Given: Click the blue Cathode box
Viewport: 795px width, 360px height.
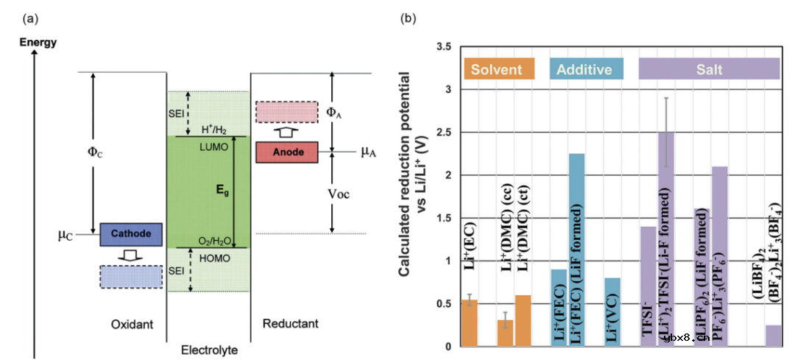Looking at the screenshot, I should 130,234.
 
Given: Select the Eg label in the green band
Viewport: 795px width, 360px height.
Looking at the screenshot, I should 217,189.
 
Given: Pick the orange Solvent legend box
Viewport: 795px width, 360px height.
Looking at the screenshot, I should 497,70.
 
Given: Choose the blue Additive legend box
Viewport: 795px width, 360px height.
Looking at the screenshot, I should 586,70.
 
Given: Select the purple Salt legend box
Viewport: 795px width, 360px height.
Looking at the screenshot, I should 709,70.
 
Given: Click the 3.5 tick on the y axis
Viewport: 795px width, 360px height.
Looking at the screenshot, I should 443,46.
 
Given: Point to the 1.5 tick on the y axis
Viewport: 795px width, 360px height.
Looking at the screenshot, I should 443,218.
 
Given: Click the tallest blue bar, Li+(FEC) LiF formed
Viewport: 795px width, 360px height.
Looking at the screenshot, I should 576,250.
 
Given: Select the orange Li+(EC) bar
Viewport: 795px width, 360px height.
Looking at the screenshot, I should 468,322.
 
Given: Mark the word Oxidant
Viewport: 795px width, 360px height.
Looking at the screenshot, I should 130,324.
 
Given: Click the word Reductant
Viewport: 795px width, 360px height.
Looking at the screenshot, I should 290,324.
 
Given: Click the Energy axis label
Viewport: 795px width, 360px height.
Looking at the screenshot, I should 38,42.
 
